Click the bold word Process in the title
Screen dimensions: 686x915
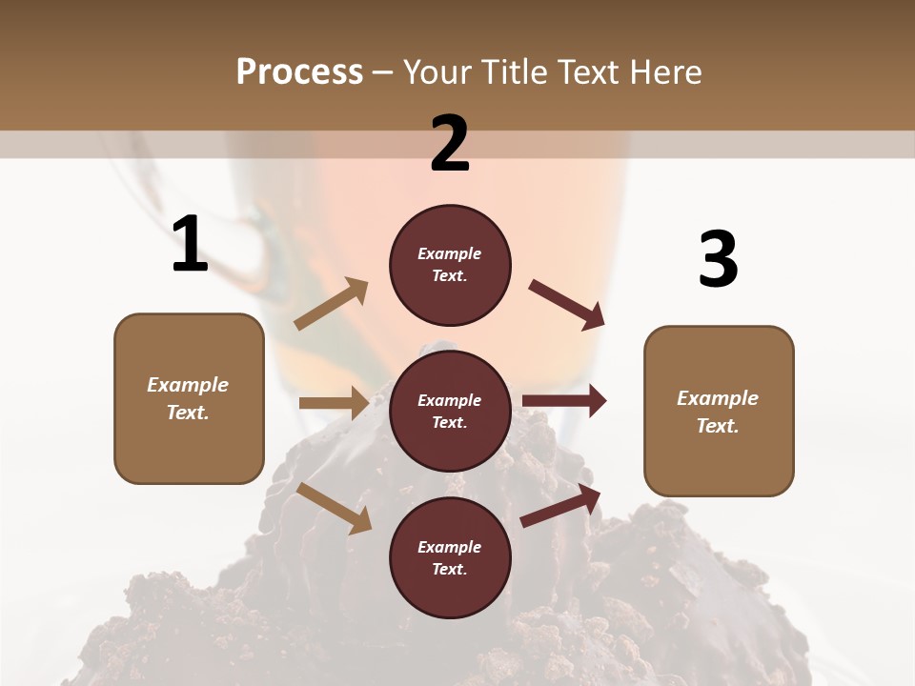pos(299,71)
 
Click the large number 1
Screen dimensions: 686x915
pos(190,245)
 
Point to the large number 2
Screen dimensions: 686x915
pos(450,144)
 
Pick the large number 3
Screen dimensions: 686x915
pos(718,260)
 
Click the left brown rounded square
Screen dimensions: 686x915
pos(189,398)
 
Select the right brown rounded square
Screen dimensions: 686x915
pos(719,412)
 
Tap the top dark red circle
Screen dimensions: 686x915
pos(450,265)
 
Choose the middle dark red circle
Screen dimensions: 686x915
pos(450,412)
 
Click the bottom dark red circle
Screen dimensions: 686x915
pos(450,558)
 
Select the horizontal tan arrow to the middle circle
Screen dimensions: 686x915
pos(334,403)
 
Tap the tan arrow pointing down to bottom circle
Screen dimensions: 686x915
pos(335,508)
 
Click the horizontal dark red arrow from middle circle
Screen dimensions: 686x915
pos(564,401)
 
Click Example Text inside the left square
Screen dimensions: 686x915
pos(188,398)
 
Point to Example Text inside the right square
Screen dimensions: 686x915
pos(718,412)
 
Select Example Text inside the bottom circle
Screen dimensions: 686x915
pos(450,558)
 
